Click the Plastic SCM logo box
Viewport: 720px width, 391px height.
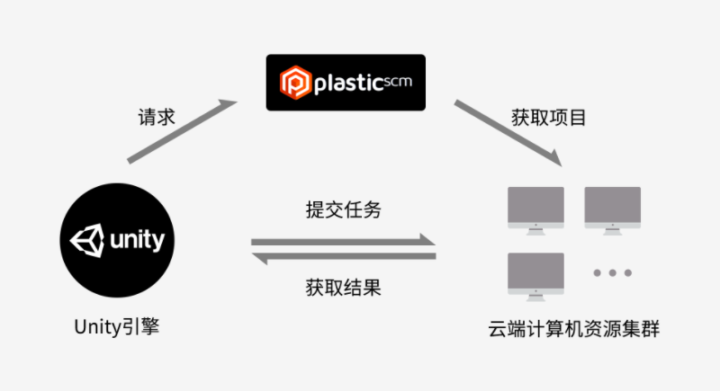pos(346,83)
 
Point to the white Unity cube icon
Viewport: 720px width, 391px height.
pos(89,241)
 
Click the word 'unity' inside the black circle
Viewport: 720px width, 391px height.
pos(137,241)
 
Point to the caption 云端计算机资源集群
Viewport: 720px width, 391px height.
pos(573,329)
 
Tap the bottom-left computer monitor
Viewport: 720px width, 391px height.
pos(535,274)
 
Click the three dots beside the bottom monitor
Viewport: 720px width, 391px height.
pos(612,272)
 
